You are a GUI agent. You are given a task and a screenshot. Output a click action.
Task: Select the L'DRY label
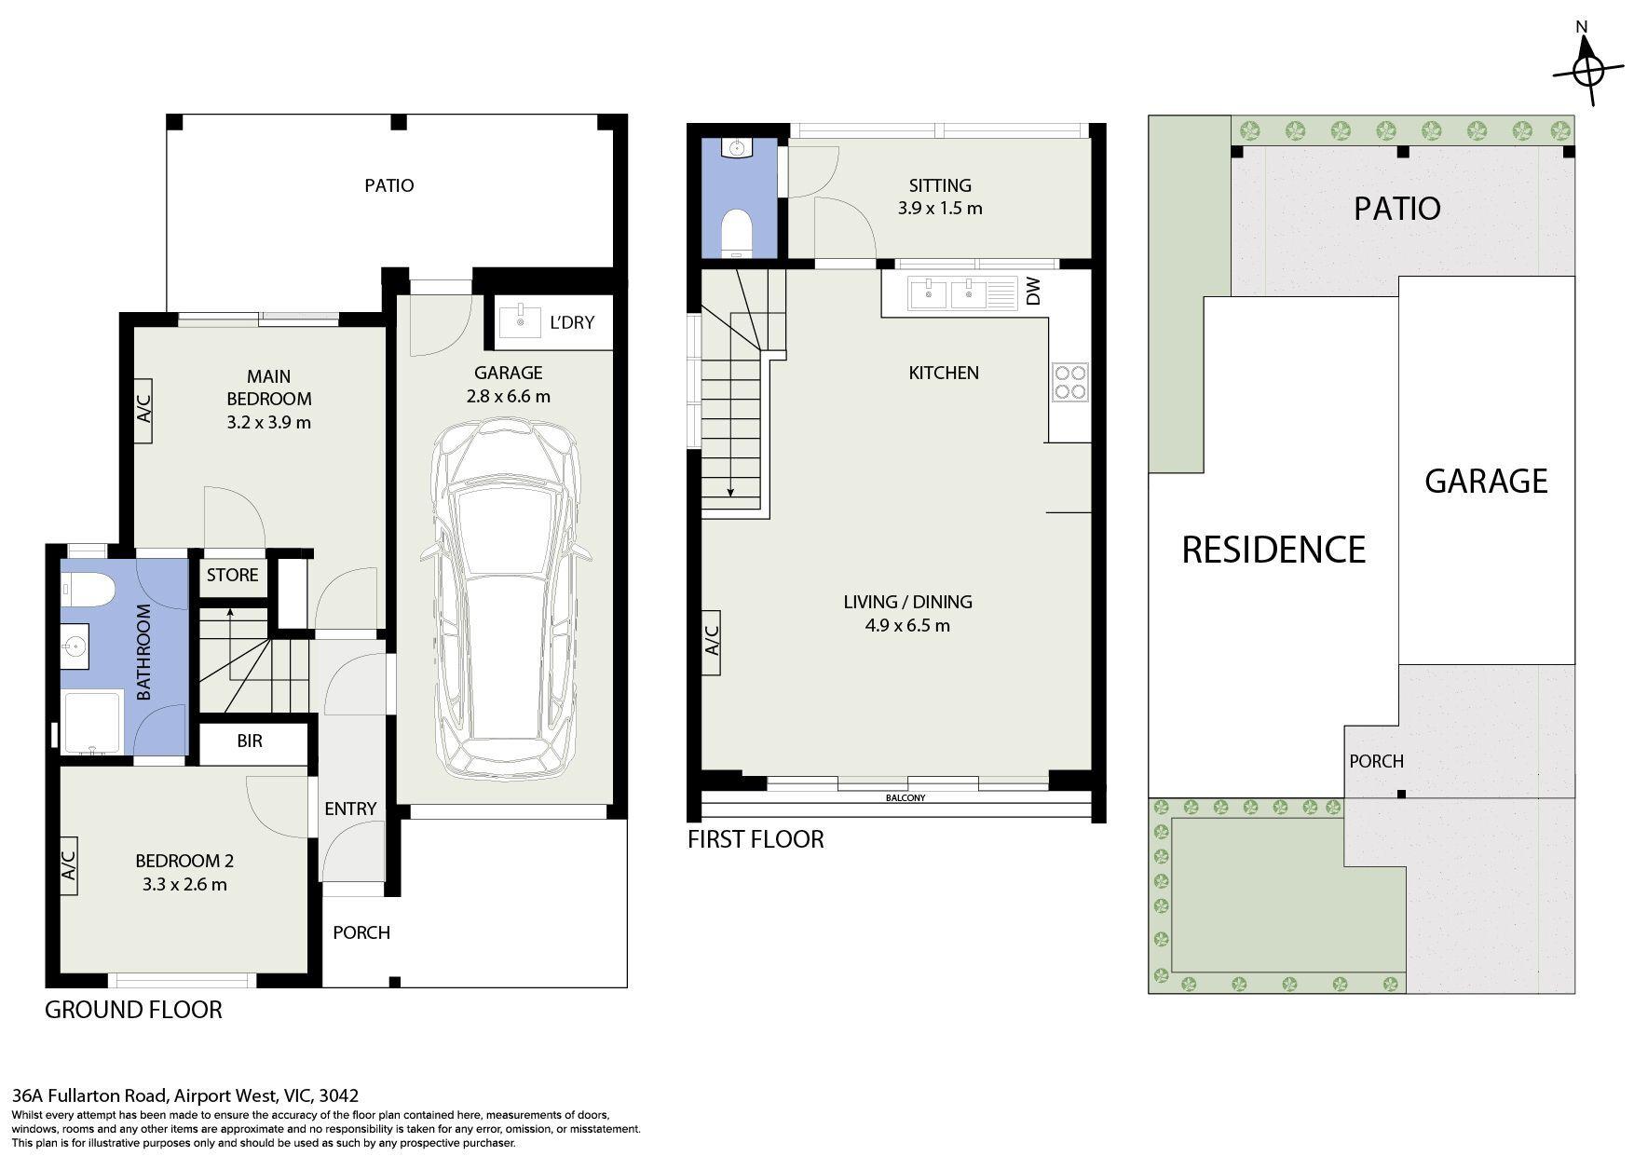coord(571,323)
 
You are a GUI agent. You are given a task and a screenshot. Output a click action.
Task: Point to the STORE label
coord(232,575)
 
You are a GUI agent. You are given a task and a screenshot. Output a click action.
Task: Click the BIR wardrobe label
coord(250,741)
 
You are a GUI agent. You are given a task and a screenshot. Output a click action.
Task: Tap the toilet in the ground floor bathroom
coord(88,589)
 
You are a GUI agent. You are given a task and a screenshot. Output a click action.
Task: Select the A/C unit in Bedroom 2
coord(68,866)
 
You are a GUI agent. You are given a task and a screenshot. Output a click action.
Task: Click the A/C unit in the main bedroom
coord(143,411)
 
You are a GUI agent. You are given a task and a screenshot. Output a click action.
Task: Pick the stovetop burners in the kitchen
coord(1069,382)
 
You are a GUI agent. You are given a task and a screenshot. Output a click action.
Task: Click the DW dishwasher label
coord(1032,292)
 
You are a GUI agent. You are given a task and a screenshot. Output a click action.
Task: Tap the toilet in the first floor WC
coord(738,233)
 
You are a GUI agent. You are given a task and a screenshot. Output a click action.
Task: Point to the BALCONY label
coord(906,797)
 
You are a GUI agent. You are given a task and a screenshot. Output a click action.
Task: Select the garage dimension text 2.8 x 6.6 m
coord(508,396)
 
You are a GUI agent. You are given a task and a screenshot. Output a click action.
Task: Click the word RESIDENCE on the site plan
coord(1273,550)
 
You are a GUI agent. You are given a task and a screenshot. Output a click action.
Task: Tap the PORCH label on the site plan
coord(1376,761)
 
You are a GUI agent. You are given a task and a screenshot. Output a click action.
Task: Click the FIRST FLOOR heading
coord(756,839)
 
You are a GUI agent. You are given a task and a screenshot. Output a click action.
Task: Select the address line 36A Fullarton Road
coord(184,1096)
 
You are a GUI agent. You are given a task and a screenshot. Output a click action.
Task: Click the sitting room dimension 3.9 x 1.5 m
coord(940,208)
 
